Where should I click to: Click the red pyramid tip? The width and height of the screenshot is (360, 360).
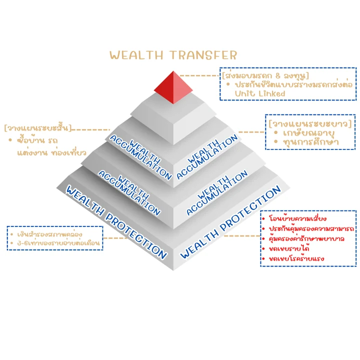coord(173,87)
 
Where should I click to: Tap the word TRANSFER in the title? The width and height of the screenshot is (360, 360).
coord(203,55)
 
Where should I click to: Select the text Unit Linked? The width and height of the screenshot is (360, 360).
coord(260,93)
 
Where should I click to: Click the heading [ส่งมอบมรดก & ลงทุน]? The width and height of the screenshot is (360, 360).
coord(265,75)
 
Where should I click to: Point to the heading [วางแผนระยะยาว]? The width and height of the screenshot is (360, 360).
coord(310,124)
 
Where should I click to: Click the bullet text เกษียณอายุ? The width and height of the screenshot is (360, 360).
coord(309,133)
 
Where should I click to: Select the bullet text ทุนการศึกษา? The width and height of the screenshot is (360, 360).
coord(311,142)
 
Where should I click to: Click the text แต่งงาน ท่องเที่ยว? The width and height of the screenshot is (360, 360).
coord(52,152)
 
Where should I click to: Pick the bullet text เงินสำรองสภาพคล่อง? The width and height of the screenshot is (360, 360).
coord(50,234)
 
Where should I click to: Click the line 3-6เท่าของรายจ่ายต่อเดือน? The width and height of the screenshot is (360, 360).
coord(58,243)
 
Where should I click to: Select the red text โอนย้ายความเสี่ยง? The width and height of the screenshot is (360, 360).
coord(297,218)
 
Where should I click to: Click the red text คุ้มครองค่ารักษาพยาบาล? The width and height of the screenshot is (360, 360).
coord(306,239)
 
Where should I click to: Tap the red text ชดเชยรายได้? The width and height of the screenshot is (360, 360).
coord(289,248)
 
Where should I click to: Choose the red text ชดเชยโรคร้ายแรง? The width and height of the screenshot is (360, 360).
coord(296,259)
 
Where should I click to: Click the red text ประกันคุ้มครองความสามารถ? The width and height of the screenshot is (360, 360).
coord(311,228)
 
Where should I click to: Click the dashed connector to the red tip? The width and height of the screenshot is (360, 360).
coord(199,75)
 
